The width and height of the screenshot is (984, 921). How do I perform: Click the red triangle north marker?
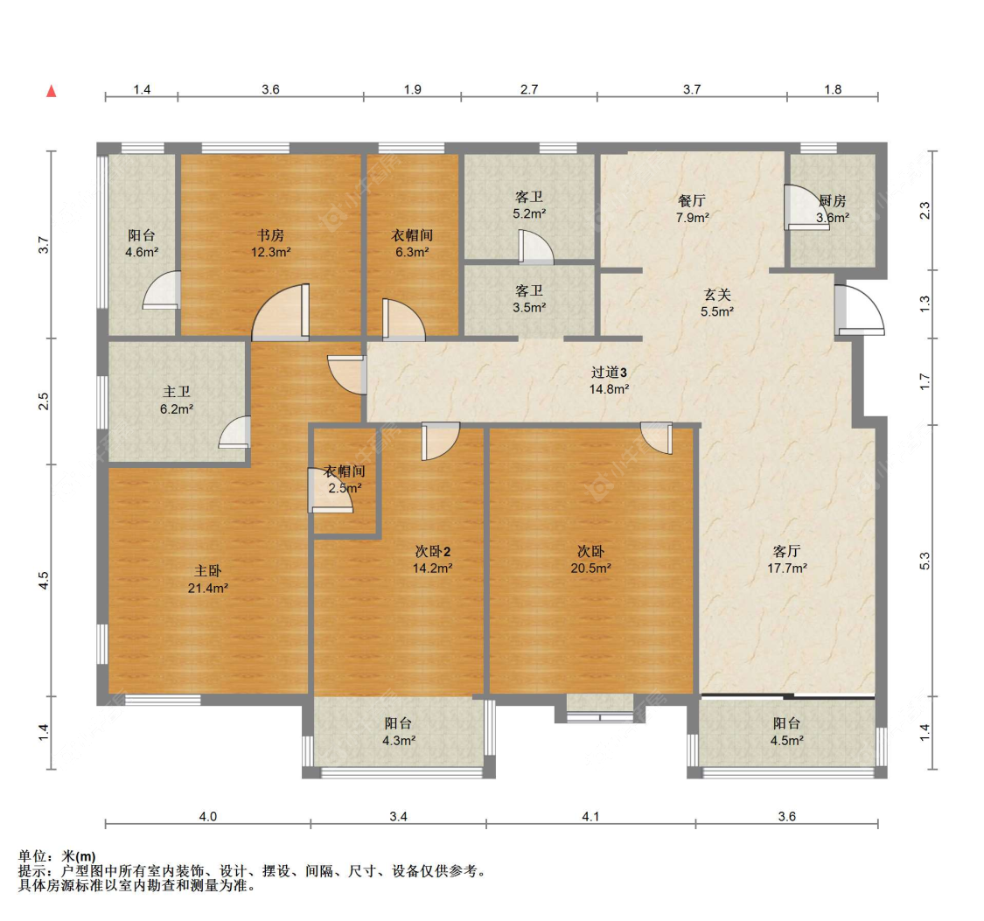tap(52, 91)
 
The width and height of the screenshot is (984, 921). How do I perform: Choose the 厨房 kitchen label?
tap(832, 200)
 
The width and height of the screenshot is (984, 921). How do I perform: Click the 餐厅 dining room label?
tap(692, 200)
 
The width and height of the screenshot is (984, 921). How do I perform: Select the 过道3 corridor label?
tap(609, 372)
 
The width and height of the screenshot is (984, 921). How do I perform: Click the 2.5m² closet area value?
tap(345, 488)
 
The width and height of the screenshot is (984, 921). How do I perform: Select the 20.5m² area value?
tap(591, 568)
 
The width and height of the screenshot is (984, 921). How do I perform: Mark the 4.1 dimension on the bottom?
tap(590, 817)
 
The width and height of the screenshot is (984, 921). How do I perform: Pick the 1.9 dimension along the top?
tap(413, 89)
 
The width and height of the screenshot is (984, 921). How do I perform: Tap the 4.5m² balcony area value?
tap(785, 740)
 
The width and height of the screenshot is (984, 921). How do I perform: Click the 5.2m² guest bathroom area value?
tap(529, 213)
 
